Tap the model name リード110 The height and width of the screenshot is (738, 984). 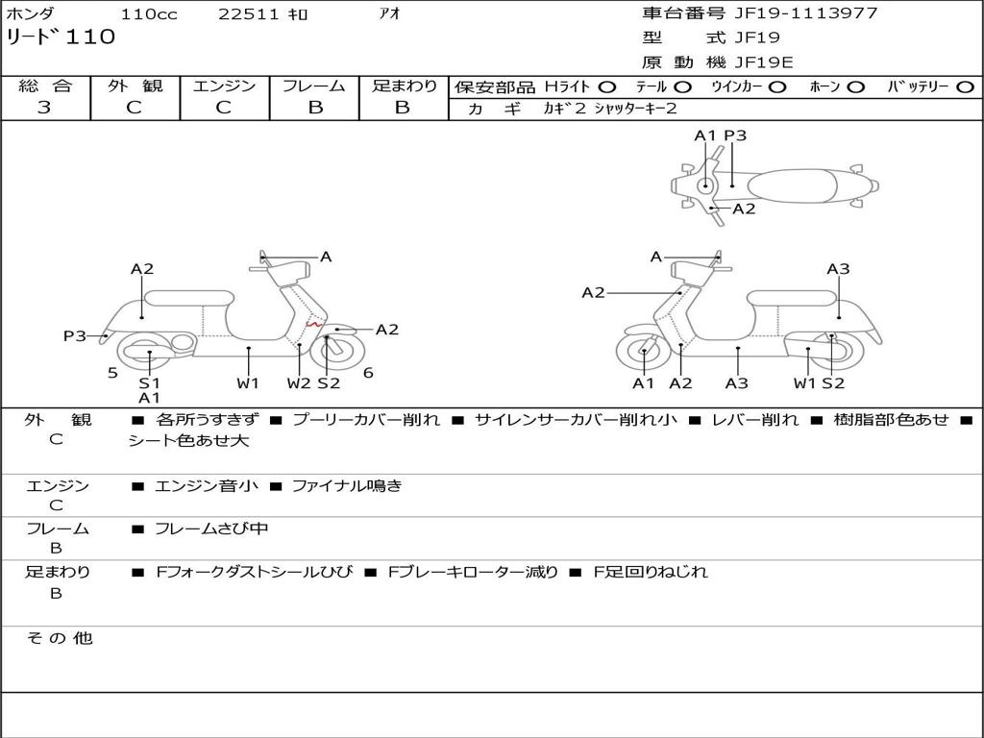[61, 37]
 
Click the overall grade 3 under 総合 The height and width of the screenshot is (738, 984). [44, 107]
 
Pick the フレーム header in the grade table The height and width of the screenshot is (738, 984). [314, 86]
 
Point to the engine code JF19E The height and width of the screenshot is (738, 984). [764, 62]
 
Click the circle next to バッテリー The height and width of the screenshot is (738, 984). [965, 87]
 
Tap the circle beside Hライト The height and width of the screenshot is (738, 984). [607, 87]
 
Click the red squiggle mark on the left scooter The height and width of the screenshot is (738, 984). [314, 324]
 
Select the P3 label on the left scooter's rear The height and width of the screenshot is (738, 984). [75, 336]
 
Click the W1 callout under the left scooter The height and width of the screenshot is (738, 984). [248, 382]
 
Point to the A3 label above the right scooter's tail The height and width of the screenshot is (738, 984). [838, 269]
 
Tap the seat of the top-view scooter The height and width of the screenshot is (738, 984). [793, 186]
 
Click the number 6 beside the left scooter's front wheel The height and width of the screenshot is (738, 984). [368, 373]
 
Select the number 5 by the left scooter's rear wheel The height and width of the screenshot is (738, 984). [112, 373]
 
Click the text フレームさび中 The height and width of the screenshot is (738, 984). [211, 529]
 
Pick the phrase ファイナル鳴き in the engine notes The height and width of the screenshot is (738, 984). [347, 485]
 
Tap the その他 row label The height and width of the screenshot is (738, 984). [59, 638]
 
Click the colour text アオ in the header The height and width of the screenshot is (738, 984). [389, 13]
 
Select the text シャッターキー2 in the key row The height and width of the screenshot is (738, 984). [635, 109]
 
